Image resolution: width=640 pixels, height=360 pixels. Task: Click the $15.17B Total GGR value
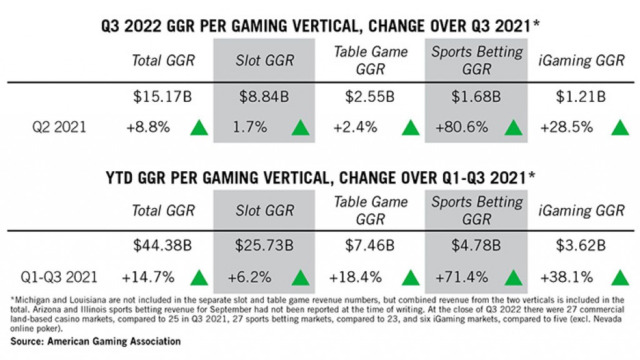click(163, 97)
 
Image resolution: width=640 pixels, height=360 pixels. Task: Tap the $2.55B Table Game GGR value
click(370, 97)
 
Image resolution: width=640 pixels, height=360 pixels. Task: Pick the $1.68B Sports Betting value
click(477, 97)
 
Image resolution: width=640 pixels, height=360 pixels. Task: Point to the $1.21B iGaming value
click(582, 97)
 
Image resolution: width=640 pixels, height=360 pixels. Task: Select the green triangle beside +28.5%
click(619, 127)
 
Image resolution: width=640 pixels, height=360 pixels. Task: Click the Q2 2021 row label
click(59, 127)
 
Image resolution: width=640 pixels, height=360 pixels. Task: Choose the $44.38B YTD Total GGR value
click(163, 246)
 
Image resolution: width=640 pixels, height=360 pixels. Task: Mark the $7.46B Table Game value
click(370, 246)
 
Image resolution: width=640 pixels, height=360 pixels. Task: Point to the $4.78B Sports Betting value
click(477, 246)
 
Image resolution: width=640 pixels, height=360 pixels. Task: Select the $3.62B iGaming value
click(582, 246)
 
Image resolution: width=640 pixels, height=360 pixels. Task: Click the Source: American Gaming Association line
click(96, 341)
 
